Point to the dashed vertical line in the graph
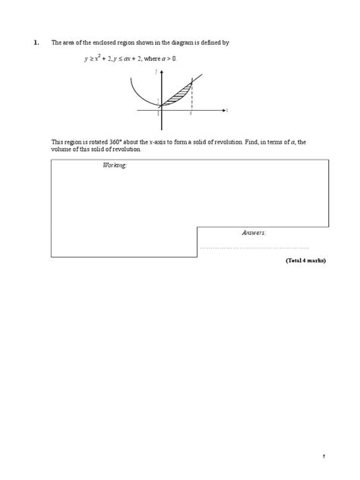[x=191, y=97]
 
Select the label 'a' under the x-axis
[x=191, y=115]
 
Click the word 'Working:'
[x=115, y=165]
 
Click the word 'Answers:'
[x=254, y=232]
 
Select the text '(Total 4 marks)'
[x=305, y=261]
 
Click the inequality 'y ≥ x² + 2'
[x=102, y=58]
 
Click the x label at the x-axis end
[x=226, y=111]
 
